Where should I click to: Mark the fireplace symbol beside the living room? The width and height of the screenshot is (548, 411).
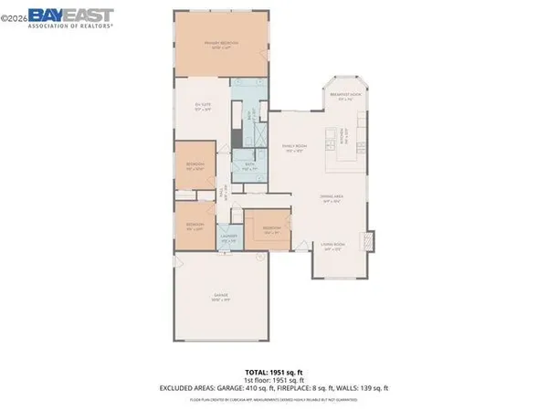pyautogui.click(x=369, y=242)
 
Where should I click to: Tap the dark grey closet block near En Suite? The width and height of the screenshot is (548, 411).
pyautogui.click(x=235, y=137)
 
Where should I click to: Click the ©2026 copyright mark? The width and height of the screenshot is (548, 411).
pyautogui.click(x=13, y=16)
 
